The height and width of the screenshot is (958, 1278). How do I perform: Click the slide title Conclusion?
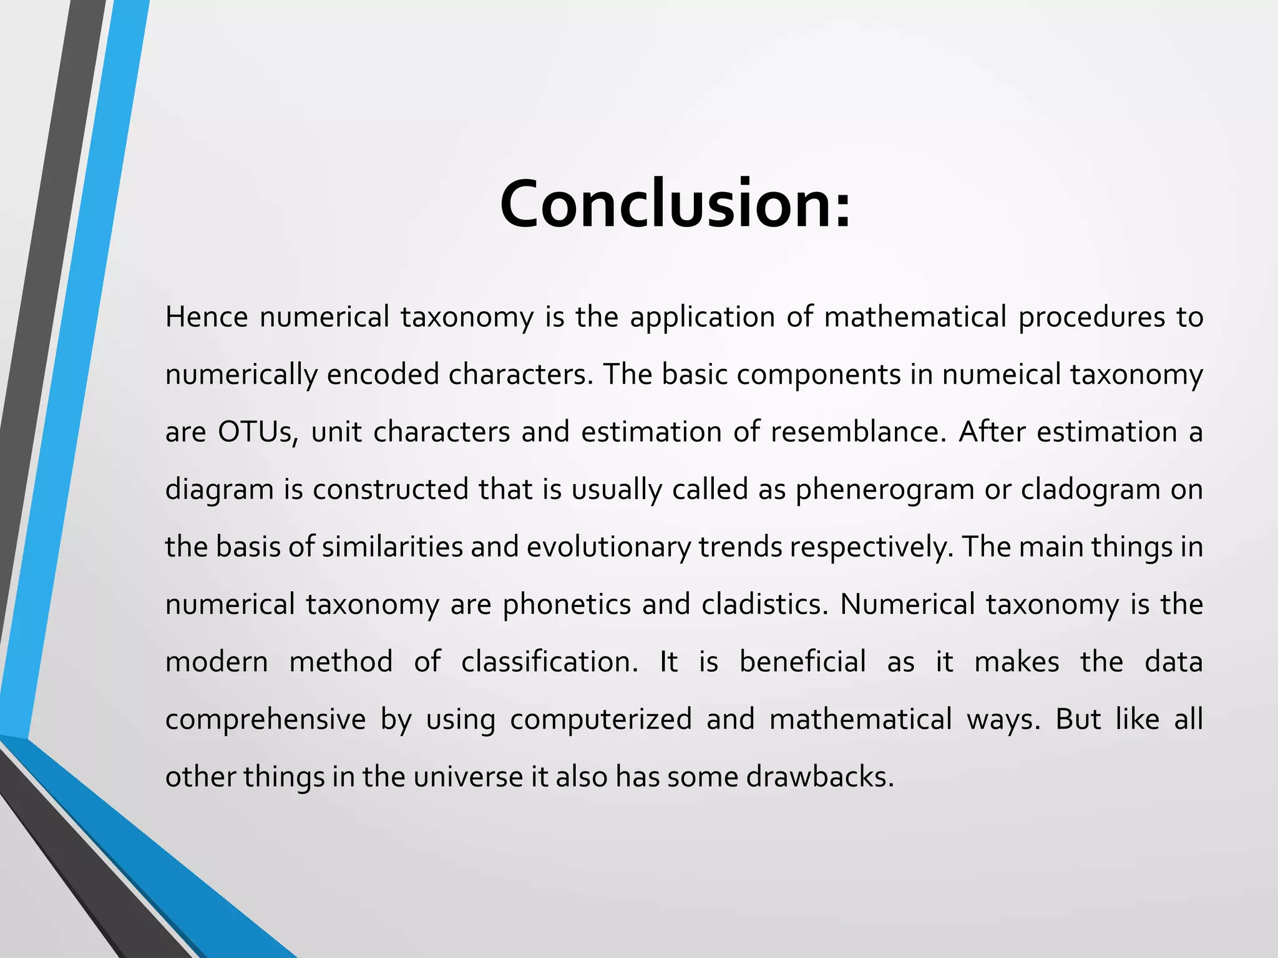(x=675, y=204)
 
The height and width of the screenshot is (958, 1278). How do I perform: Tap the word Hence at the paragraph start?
(x=207, y=317)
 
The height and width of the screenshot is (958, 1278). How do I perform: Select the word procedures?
(x=1091, y=317)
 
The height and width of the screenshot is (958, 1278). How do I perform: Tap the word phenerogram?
(x=885, y=490)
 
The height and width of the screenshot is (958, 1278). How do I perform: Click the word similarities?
(x=392, y=547)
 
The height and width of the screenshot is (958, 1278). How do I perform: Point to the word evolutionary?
(x=608, y=547)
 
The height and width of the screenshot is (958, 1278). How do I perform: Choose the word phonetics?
(x=567, y=604)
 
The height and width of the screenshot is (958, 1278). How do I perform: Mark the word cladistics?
(x=764, y=604)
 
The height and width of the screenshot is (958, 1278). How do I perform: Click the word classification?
(x=549, y=662)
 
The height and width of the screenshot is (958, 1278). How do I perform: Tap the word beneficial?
(x=802, y=662)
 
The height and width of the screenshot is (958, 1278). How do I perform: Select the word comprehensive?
(x=265, y=719)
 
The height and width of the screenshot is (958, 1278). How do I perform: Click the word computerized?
(x=601, y=719)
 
